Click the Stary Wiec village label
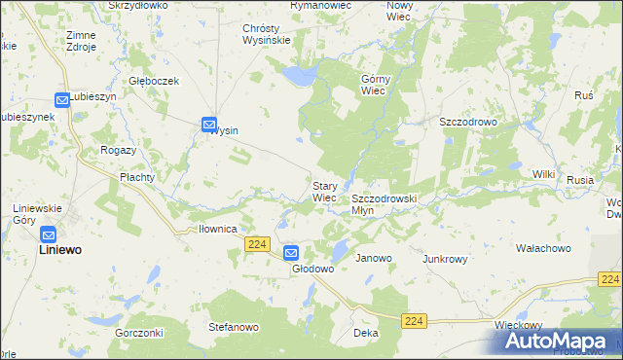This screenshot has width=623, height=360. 324,191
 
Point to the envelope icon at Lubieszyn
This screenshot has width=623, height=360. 62,99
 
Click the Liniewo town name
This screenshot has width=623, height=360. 58,250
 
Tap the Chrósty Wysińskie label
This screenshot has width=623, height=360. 267,34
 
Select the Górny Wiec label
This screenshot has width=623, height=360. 375,85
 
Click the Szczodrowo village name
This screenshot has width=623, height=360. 468,122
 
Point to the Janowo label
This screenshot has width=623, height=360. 374,259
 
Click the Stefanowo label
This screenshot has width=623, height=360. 234,327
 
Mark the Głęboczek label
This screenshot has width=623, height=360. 155,82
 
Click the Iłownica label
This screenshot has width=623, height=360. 218,230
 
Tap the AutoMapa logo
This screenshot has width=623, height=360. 558,342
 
